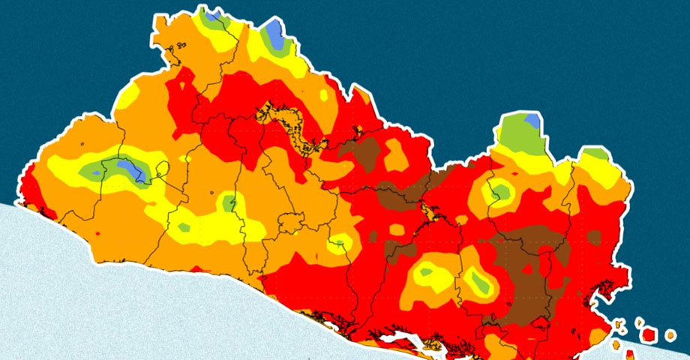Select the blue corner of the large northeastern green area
coord(532,119)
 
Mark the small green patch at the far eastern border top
coord(596,154)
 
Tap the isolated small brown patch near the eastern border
coord(594,237)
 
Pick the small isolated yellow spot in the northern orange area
coord(324,95)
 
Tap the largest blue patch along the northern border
coord(274,34)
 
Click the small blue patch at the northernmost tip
coord(213,13)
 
